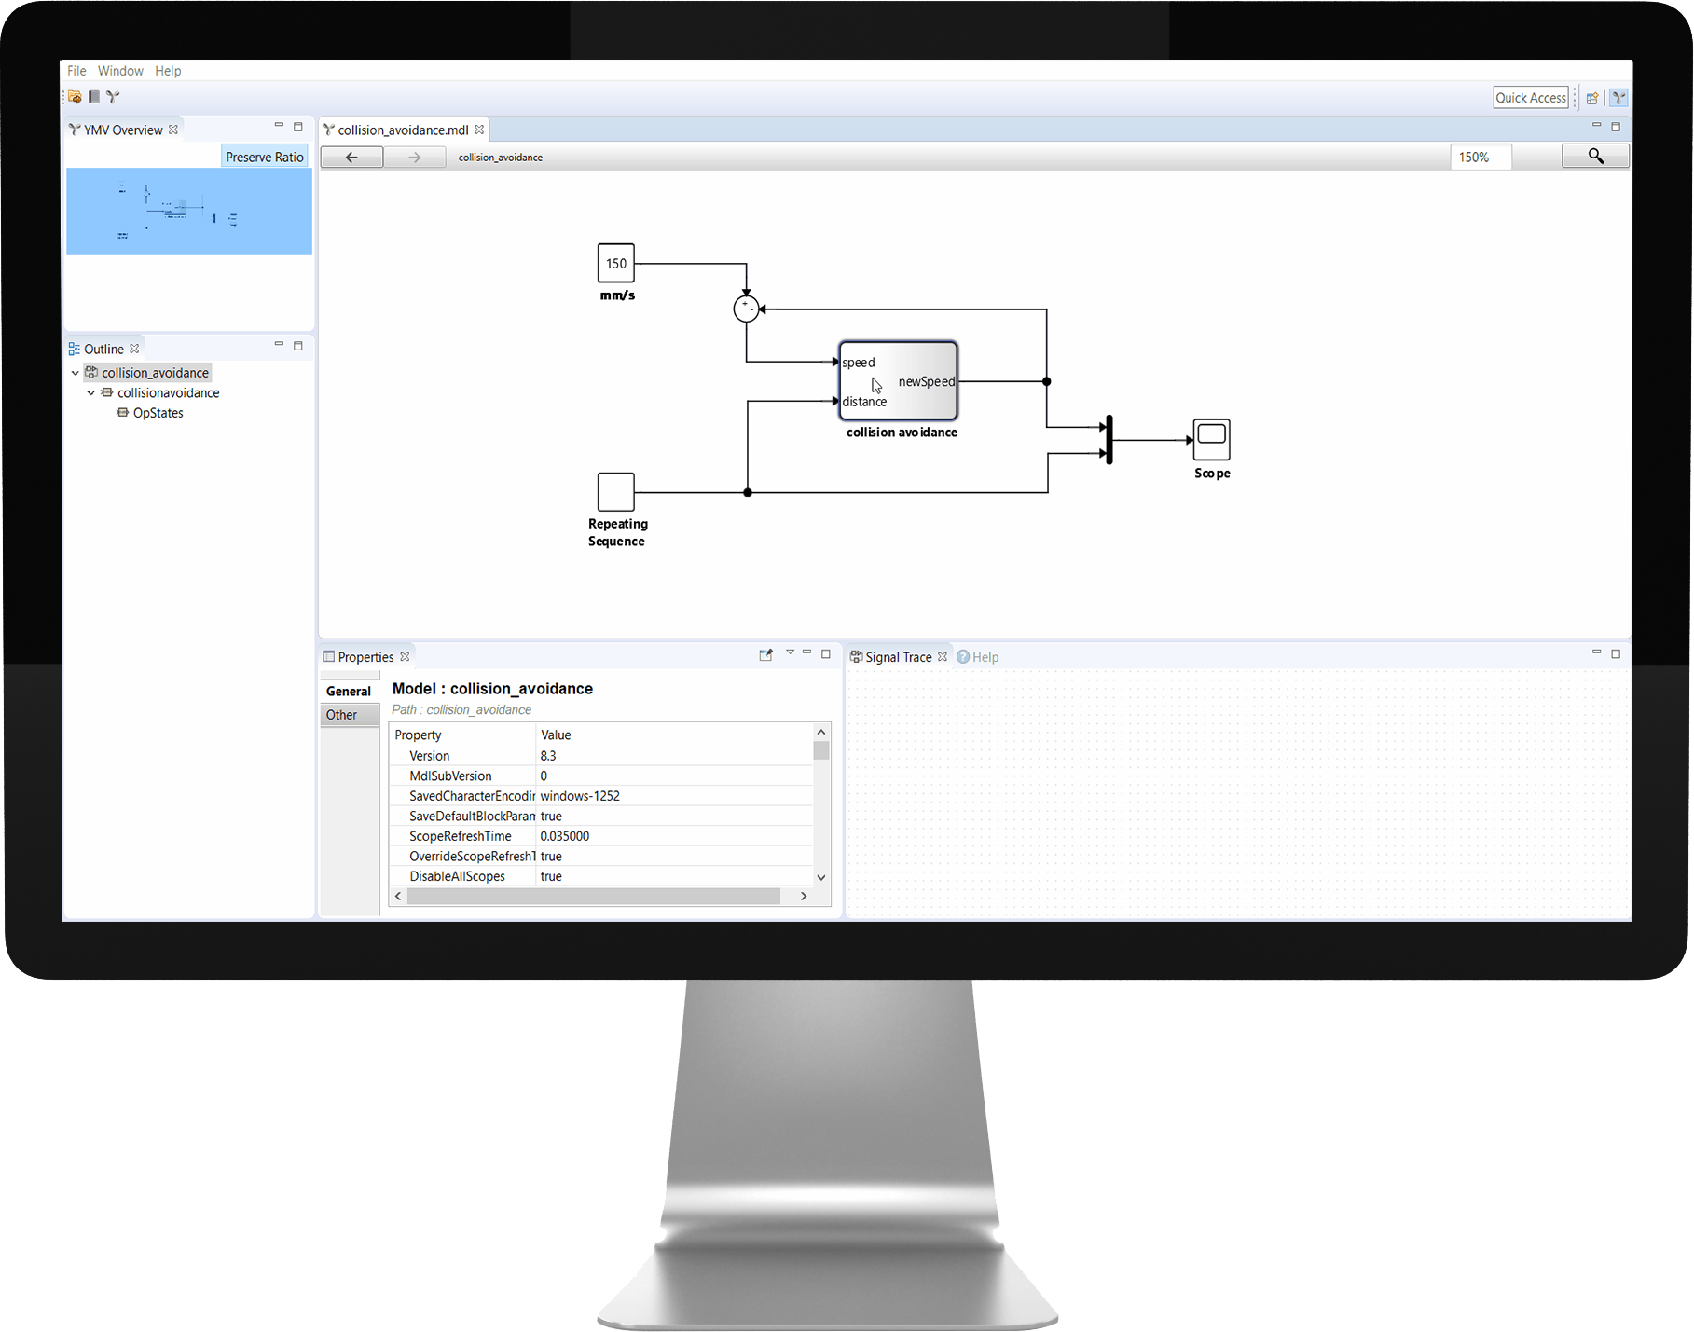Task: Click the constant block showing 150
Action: (615, 263)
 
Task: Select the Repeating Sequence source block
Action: (615, 491)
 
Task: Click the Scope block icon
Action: (1211, 439)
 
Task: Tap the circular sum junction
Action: (746, 309)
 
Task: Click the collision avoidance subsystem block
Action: (898, 380)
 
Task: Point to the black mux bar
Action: (1109, 440)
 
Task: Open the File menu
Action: (76, 71)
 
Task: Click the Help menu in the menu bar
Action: (168, 71)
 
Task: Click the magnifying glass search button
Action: (1595, 157)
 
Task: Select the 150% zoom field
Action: (1480, 158)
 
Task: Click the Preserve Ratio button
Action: (265, 157)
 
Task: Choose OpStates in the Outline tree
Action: (158, 413)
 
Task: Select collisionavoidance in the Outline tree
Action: (168, 392)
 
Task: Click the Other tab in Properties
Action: (341, 715)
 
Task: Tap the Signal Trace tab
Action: (898, 657)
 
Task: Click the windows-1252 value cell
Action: (580, 796)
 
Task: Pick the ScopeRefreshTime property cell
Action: (461, 836)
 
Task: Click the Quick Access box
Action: (1530, 98)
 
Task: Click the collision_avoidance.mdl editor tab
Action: (403, 130)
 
